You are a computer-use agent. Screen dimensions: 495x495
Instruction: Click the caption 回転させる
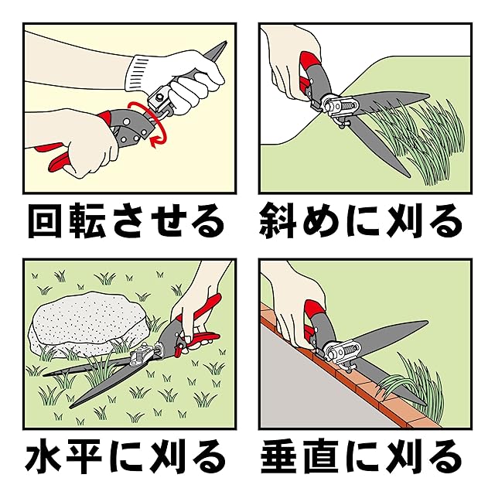(126, 220)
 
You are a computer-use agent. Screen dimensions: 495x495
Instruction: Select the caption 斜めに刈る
(360, 220)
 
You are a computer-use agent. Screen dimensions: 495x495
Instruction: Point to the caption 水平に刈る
(125, 457)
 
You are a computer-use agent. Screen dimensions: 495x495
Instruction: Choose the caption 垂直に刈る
(360, 457)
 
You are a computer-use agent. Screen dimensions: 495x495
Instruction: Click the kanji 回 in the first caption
(45, 220)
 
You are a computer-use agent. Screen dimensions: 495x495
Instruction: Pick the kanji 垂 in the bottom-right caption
(278, 457)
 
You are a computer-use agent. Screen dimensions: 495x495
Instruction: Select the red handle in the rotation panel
(60, 158)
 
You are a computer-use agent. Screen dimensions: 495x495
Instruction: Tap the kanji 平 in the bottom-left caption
(84, 457)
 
